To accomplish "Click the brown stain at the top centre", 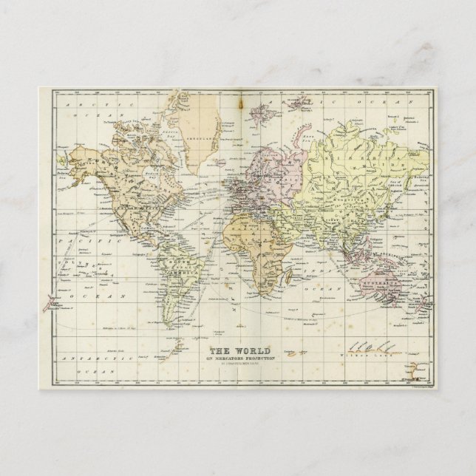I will point(238,103).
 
